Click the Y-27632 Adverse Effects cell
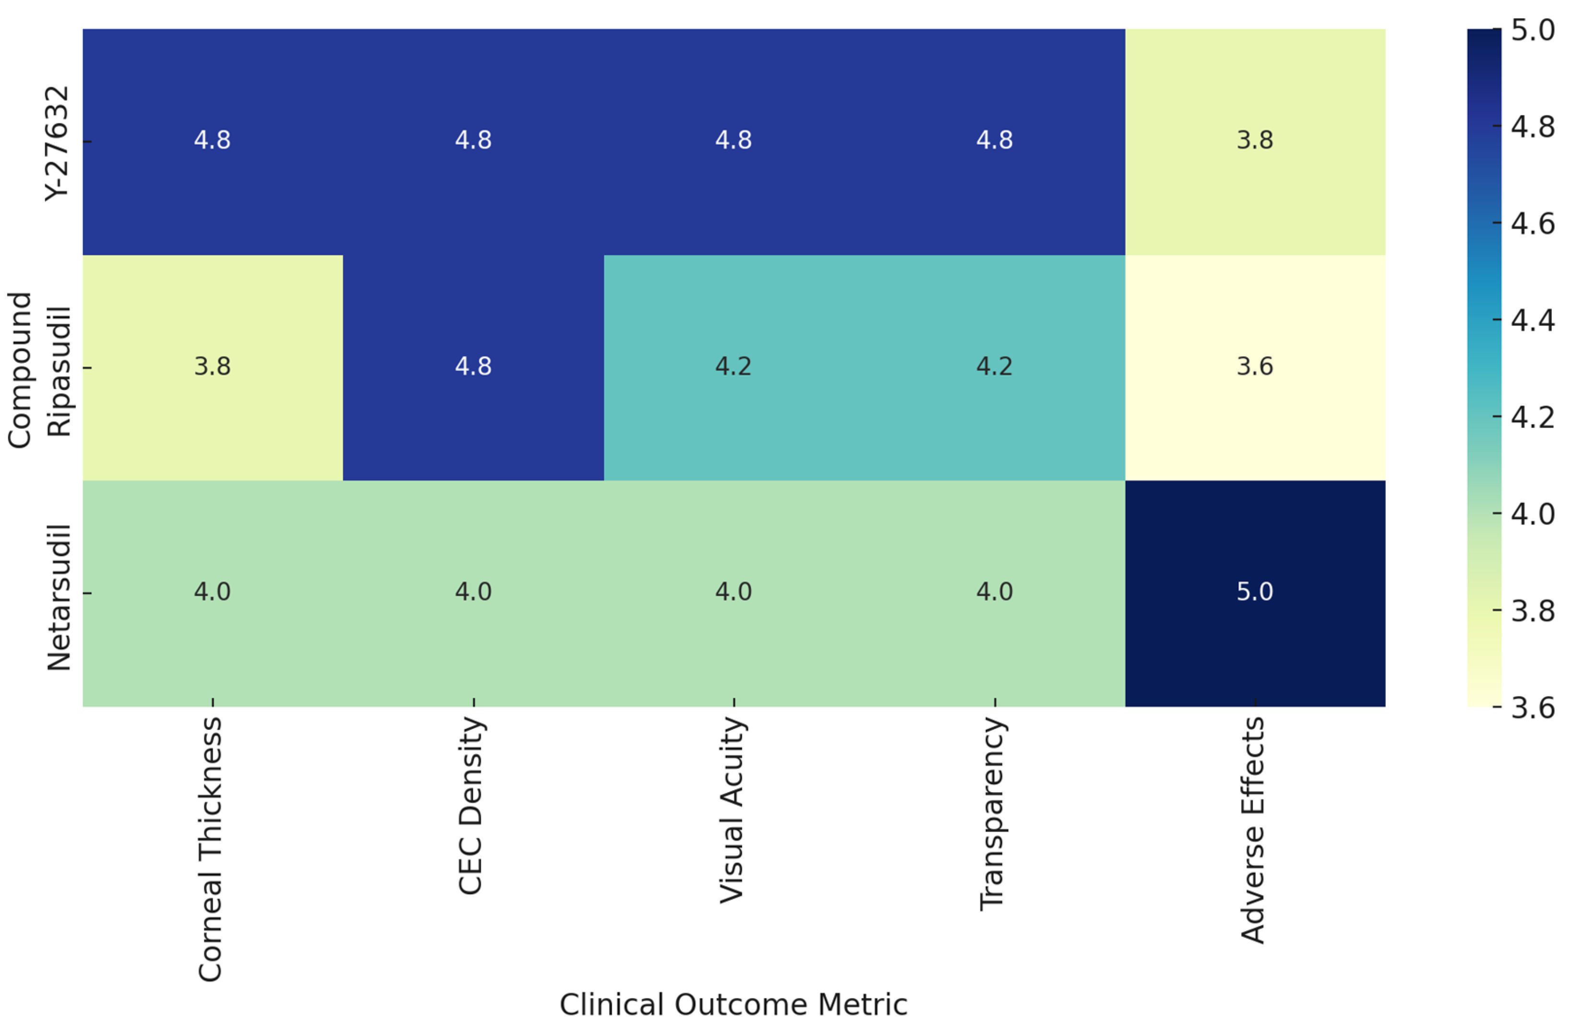tap(1255, 140)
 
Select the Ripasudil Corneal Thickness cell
tap(212, 367)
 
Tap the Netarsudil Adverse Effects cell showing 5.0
tap(1255, 592)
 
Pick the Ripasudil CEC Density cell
tap(473, 367)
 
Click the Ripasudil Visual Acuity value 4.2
tap(733, 367)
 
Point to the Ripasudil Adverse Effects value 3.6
tap(1255, 367)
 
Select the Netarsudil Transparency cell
tap(994, 592)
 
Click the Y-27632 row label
tap(57, 142)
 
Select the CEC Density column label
tap(471, 806)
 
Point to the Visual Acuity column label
tap(732, 810)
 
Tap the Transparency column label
tap(992, 814)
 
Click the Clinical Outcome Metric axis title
tap(733, 1005)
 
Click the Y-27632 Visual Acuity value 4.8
tap(733, 140)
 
